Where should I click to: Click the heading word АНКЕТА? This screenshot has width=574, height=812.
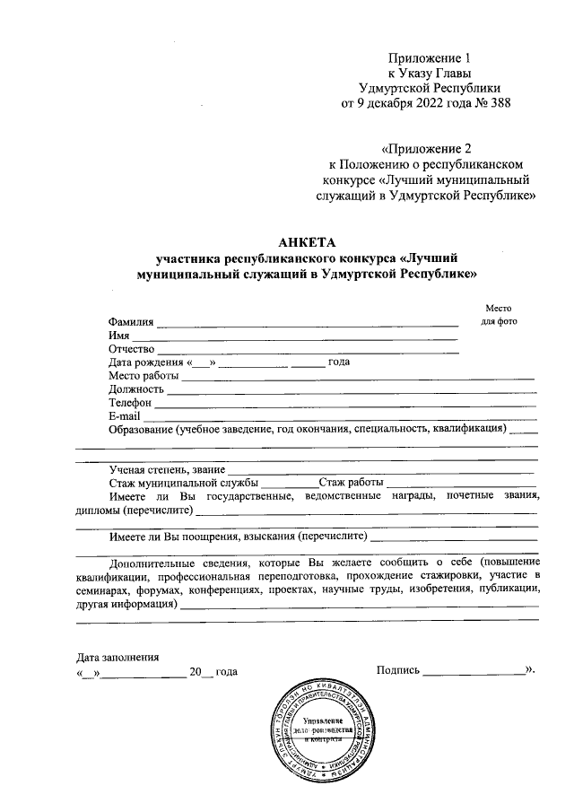tap(306, 242)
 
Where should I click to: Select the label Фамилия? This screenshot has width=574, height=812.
tap(131, 321)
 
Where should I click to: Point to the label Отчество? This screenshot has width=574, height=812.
tap(132, 348)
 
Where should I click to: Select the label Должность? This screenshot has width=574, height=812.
tap(136, 389)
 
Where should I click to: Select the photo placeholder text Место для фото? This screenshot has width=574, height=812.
tap(499, 314)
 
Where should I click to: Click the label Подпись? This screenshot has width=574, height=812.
tap(398, 670)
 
